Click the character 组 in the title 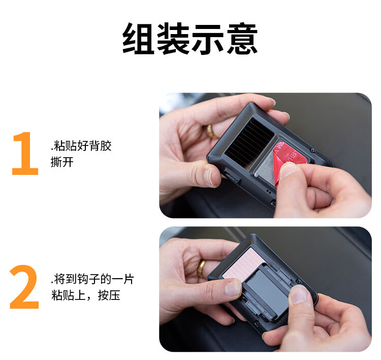(x=139, y=38)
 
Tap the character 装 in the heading (x=173, y=38)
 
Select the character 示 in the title (x=208, y=38)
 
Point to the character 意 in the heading (x=242, y=38)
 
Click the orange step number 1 (x=25, y=153)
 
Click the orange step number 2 (x=24, y=287)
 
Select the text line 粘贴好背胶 (x=83, y=146)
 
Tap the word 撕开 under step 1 (x=62, y=162)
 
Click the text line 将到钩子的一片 (x=94, y=279)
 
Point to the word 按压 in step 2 (x=109, y=295)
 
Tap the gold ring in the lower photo (x=201, y=268)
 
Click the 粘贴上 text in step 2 (x=68, y=295)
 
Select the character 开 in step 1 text (x=68, y=162)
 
